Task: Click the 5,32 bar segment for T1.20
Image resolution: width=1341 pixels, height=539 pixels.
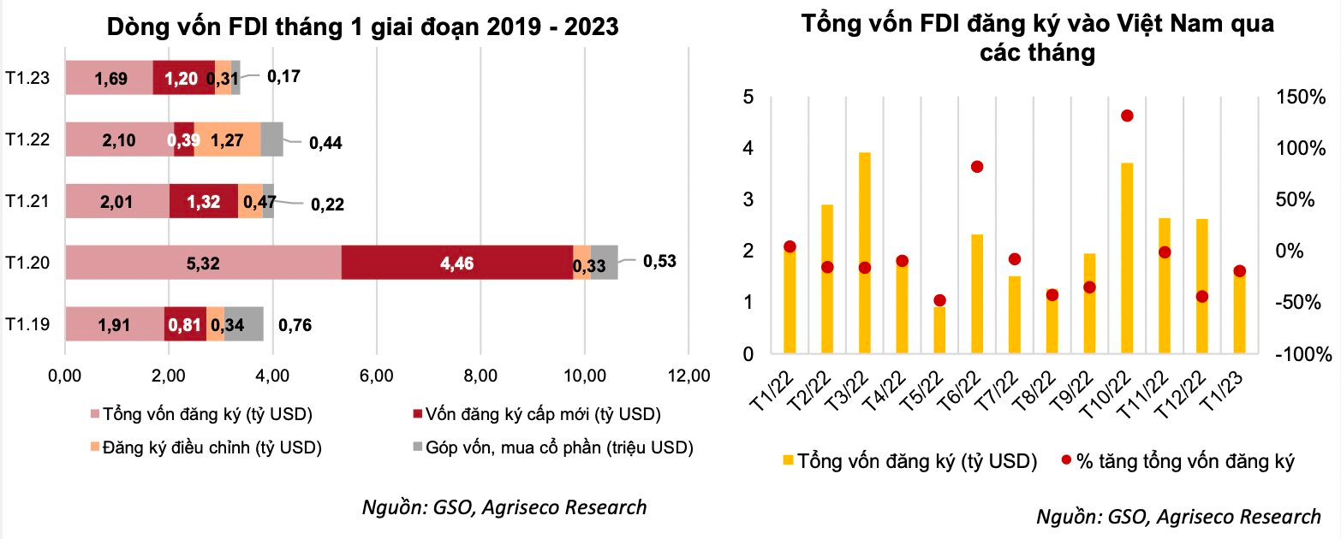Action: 203,262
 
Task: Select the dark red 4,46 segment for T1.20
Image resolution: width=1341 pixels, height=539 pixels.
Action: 456,262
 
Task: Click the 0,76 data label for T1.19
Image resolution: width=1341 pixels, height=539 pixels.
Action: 296,324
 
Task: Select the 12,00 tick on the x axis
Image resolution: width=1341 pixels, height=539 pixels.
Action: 688,375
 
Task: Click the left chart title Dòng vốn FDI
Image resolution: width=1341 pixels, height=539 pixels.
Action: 361,28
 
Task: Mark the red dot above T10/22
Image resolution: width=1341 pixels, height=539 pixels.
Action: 1127,115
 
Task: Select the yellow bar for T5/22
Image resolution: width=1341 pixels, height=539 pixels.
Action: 939,329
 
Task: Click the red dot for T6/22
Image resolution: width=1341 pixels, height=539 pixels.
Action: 977,167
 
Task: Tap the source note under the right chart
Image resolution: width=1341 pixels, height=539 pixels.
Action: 1178,517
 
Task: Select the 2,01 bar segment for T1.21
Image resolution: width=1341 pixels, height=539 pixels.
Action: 117,201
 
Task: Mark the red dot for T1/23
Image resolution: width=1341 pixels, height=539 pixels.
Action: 1239,271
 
